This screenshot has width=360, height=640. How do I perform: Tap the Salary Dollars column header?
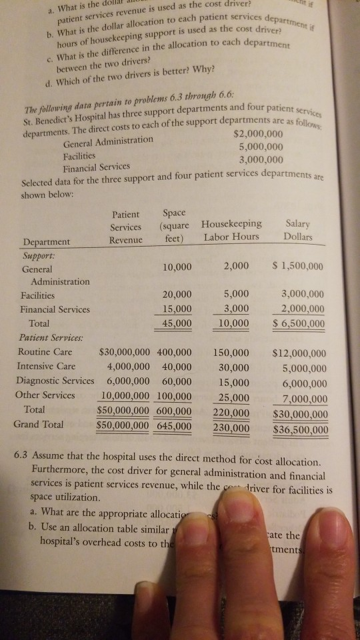coord(297,231)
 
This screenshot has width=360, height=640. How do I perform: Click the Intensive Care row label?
coord(46,365)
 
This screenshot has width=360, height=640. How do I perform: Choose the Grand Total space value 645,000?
coord(174,423)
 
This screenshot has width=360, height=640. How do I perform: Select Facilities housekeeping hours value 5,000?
coord(236,294)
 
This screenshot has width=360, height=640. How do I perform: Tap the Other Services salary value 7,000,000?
coord(304,399)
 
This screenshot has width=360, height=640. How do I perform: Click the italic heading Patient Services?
coord(50,337)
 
